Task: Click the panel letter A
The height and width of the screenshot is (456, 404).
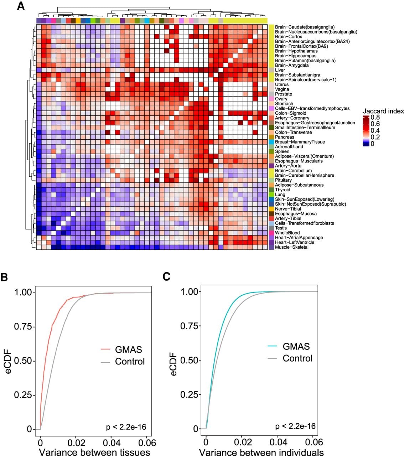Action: [x=21, y=6]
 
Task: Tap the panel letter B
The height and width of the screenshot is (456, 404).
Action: [x=4, y=277]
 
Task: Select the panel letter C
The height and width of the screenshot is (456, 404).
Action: [x=166, y=276]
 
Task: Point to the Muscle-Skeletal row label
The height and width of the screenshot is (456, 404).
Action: [x=292, y=247]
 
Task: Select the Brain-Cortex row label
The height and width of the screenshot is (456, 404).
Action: [x=289, y=36]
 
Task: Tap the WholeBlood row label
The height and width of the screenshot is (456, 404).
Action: [x=288, y=233]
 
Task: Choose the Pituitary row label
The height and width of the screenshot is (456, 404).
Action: [x=283, y=180]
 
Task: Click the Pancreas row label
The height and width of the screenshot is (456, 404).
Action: [x=285, y=137]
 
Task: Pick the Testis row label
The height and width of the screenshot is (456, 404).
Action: [x=281, y=228]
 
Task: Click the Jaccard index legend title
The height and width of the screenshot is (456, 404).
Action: [x=383, y=111]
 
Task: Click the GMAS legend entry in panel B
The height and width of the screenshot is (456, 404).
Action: [x=128, y=349]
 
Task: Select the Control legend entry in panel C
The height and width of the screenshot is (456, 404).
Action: [x=297, y=358]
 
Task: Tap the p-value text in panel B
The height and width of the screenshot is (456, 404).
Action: [x=126, y=427]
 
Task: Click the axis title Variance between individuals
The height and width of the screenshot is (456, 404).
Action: [x=261, y=452]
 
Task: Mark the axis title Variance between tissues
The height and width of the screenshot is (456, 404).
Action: [x=94, y=452]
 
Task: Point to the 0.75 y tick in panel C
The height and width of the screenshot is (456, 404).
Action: [x=189, y=326]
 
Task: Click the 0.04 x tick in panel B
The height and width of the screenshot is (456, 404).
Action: [x=112, y=443]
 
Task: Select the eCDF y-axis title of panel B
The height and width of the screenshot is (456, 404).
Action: [x=8, y=362]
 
